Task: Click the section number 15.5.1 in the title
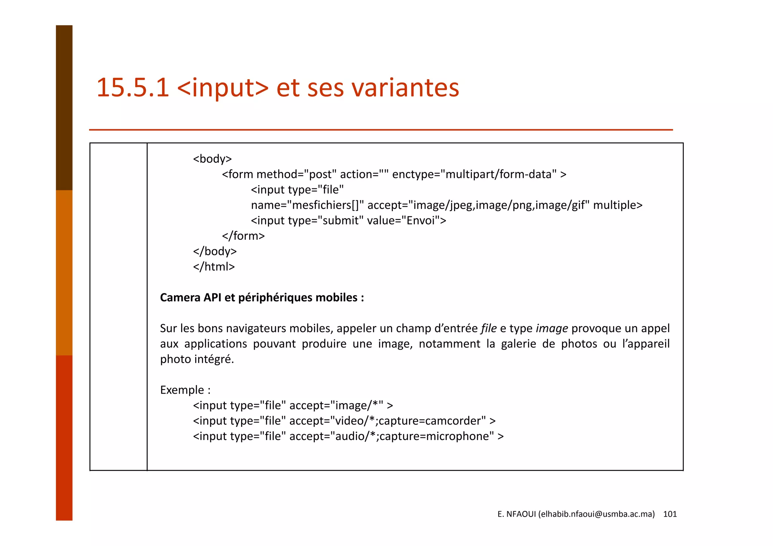(132, 87)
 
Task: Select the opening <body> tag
(212, 159)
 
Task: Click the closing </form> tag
(243, 236)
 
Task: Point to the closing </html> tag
(214, 267)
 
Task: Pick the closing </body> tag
(214, 251)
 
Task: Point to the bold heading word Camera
(180, 298)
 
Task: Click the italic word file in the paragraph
(488, 328)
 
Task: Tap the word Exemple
(182, 390)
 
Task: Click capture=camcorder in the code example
(432, 421)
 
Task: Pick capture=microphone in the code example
(436, 436)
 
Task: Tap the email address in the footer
(596, 514)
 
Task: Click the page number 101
(670, 514)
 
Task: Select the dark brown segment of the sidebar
(64, 107)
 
